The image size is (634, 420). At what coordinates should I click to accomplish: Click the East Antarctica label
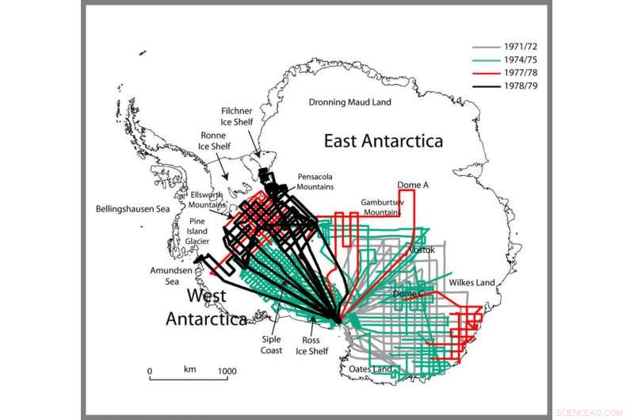tap(383, 142)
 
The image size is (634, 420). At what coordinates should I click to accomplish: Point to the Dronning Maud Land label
tap(349, 102)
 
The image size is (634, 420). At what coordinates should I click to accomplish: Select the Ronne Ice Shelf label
tap(214, 140)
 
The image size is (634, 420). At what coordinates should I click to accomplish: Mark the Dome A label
tap(413, 185)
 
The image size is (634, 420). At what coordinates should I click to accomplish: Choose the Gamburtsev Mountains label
tap(382, 208)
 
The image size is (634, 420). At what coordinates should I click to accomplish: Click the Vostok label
tap(421, 250)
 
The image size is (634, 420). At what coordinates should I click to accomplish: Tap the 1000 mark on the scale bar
tap(227, 370)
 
